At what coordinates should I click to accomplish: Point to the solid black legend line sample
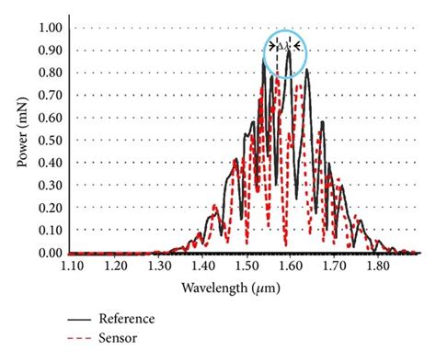(79, 319)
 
